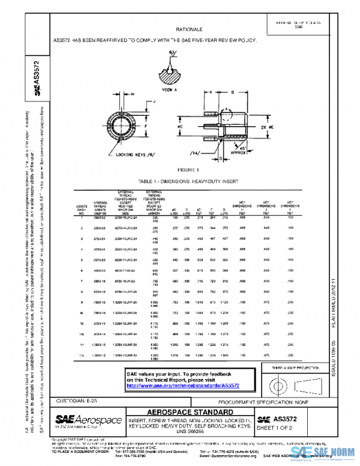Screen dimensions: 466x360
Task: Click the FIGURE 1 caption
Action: [188, 171]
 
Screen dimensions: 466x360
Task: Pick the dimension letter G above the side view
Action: [232, 93]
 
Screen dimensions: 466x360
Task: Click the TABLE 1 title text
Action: [188, 180]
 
